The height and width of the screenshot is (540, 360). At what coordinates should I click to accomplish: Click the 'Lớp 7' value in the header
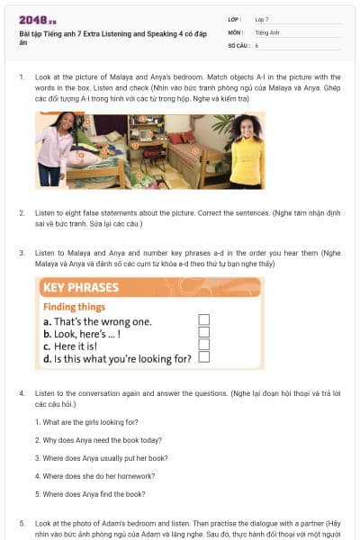pos(262,19)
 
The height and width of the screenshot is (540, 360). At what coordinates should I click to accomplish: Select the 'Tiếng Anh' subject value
pos(265,31)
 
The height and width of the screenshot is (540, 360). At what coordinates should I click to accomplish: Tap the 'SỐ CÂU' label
pos(238,44)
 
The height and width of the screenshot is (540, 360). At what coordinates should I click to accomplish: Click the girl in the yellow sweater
pos(243,148)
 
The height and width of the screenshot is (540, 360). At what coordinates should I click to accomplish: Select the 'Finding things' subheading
pos(74,307)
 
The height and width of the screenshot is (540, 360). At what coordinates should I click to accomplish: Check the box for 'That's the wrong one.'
pos(204,319)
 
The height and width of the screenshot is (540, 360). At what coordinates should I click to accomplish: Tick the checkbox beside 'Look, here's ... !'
pos(204,332)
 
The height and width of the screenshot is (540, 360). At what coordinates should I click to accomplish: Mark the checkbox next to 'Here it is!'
pos(204,345)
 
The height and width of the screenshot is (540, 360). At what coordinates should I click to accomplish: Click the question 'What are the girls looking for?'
pos(86,422)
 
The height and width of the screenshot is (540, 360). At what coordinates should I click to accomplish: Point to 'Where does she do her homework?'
pos(93,475)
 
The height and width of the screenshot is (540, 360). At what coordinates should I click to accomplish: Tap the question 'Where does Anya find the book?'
pos(90,493)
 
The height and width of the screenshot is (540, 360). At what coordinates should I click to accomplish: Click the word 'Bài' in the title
pos(24,33)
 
